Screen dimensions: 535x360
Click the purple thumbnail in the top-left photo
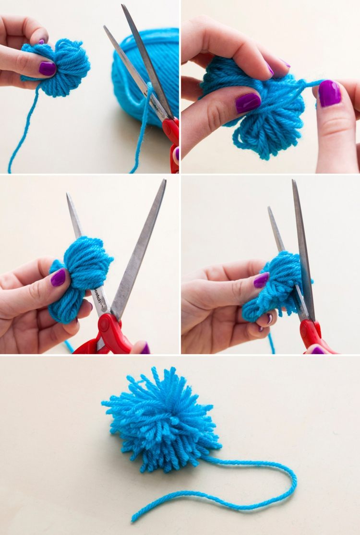48,68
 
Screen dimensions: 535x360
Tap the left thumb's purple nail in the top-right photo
248,103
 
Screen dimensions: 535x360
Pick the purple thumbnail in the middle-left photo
58,277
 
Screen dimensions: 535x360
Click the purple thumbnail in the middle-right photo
262,280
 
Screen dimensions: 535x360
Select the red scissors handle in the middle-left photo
113,333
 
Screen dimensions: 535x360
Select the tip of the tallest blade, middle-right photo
293,181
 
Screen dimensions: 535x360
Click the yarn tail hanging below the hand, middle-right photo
272,343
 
